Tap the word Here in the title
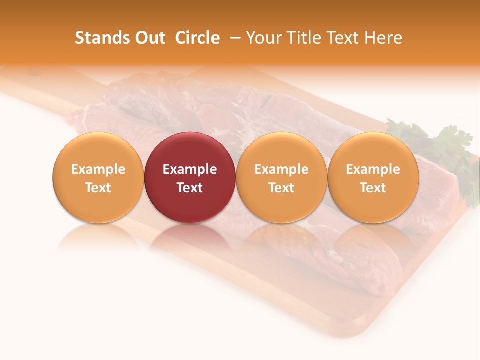tap(383, 38)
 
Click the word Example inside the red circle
tap(190, 169)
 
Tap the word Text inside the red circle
tap(190, 188)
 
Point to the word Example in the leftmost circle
tap(98, 169)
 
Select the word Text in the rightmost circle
tap(373, 188)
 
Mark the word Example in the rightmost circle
tap(373, 169)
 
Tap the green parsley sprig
tap(450, 150)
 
